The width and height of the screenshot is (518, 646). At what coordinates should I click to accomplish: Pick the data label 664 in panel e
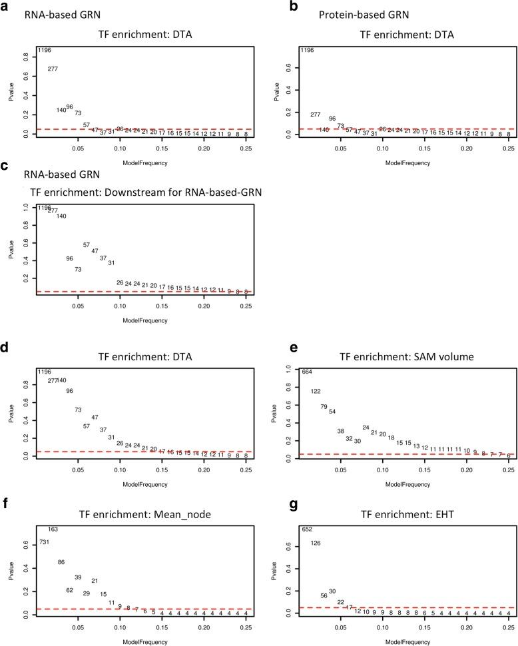tap(307, 372)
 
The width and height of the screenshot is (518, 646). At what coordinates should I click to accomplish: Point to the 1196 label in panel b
tap(308, 51)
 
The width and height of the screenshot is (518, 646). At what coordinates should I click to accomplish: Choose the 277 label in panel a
tap(53, 69)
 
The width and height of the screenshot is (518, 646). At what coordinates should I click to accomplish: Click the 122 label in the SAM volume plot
tap(316, 392)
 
